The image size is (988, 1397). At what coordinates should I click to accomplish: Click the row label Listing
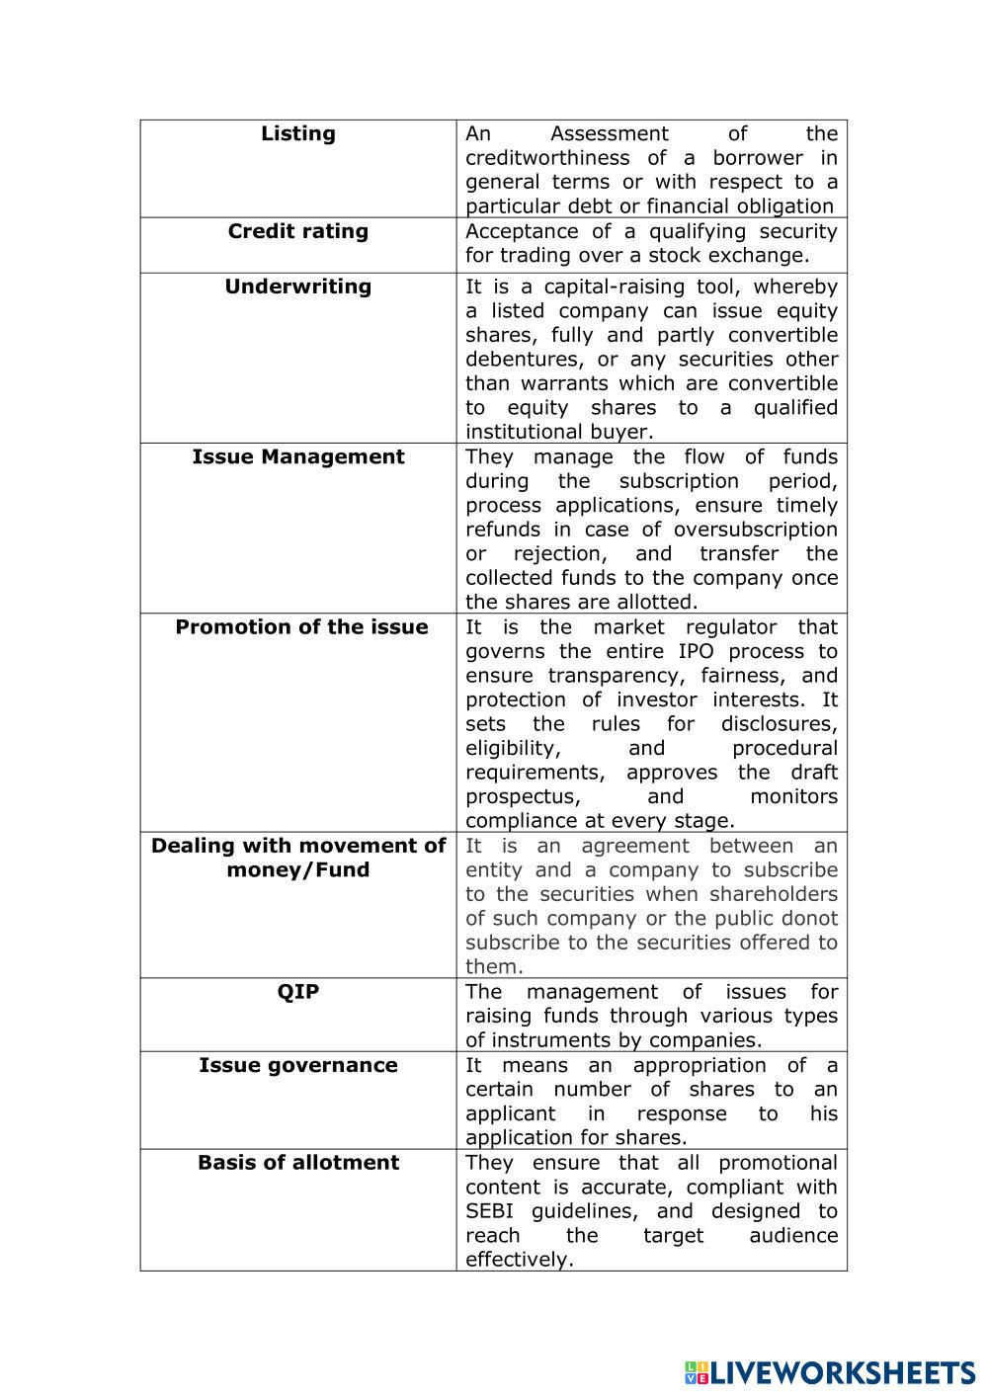(297, 133)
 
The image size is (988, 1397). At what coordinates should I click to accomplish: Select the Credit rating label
(297, 231)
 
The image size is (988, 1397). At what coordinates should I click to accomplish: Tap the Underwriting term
(297, 287)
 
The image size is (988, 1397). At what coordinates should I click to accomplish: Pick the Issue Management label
(297, 456)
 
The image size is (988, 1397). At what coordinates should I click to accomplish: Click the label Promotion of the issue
(301, 627)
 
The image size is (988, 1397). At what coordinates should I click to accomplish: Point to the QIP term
(297, 992)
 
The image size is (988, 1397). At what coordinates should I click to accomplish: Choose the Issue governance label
(297, 1065)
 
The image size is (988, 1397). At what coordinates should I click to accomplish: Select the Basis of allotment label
(297, 1163)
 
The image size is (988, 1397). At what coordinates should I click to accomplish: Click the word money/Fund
(297, 870)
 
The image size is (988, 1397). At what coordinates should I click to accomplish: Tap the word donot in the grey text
(810, 919)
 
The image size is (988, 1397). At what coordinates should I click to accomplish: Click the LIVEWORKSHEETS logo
(830, 1372)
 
